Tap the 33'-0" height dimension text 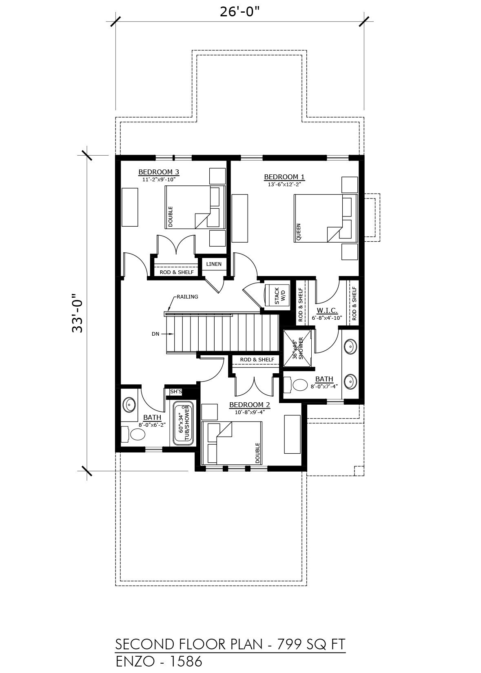(78, 313)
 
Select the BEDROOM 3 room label (159, 172)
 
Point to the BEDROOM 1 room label (284, 177)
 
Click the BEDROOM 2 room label (250, 405)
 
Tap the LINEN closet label (214, 264)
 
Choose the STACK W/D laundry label (279, 296)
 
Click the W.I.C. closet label (327, 310)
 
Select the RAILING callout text (187, 296)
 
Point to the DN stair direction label (155, 334)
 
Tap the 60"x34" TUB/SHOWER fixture (184, 424)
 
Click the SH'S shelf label (176, 392)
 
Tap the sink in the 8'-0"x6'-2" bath (129, 405)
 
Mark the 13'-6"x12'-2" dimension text (284, 185)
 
